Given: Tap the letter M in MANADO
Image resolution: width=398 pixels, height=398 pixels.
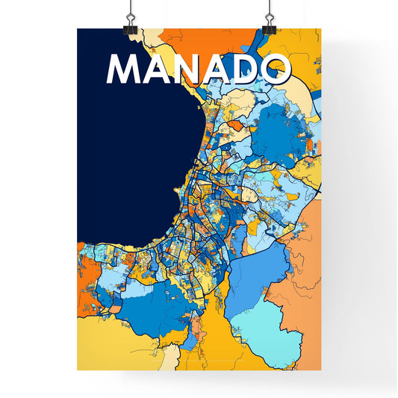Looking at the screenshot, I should (x=126, y=69).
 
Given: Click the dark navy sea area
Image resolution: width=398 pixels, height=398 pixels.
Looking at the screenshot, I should (x=134, y=164).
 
